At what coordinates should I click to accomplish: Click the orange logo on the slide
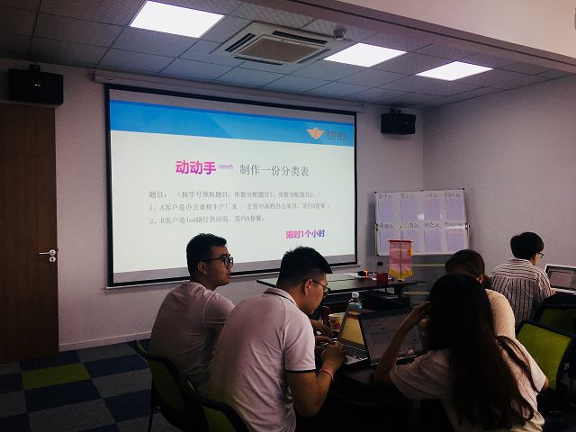tap(314, 133)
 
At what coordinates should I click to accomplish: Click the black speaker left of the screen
tap(36, 85)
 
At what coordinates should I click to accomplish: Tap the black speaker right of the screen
tap(398, 122)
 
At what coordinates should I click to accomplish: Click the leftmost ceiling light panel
tap(176, 18)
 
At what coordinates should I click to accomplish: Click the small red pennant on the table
tap(400, 258)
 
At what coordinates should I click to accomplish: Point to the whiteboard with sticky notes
tap(421, 220)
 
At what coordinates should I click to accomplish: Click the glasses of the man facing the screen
tap(221, 261)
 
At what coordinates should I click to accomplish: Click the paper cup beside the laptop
tap(336, 321)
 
